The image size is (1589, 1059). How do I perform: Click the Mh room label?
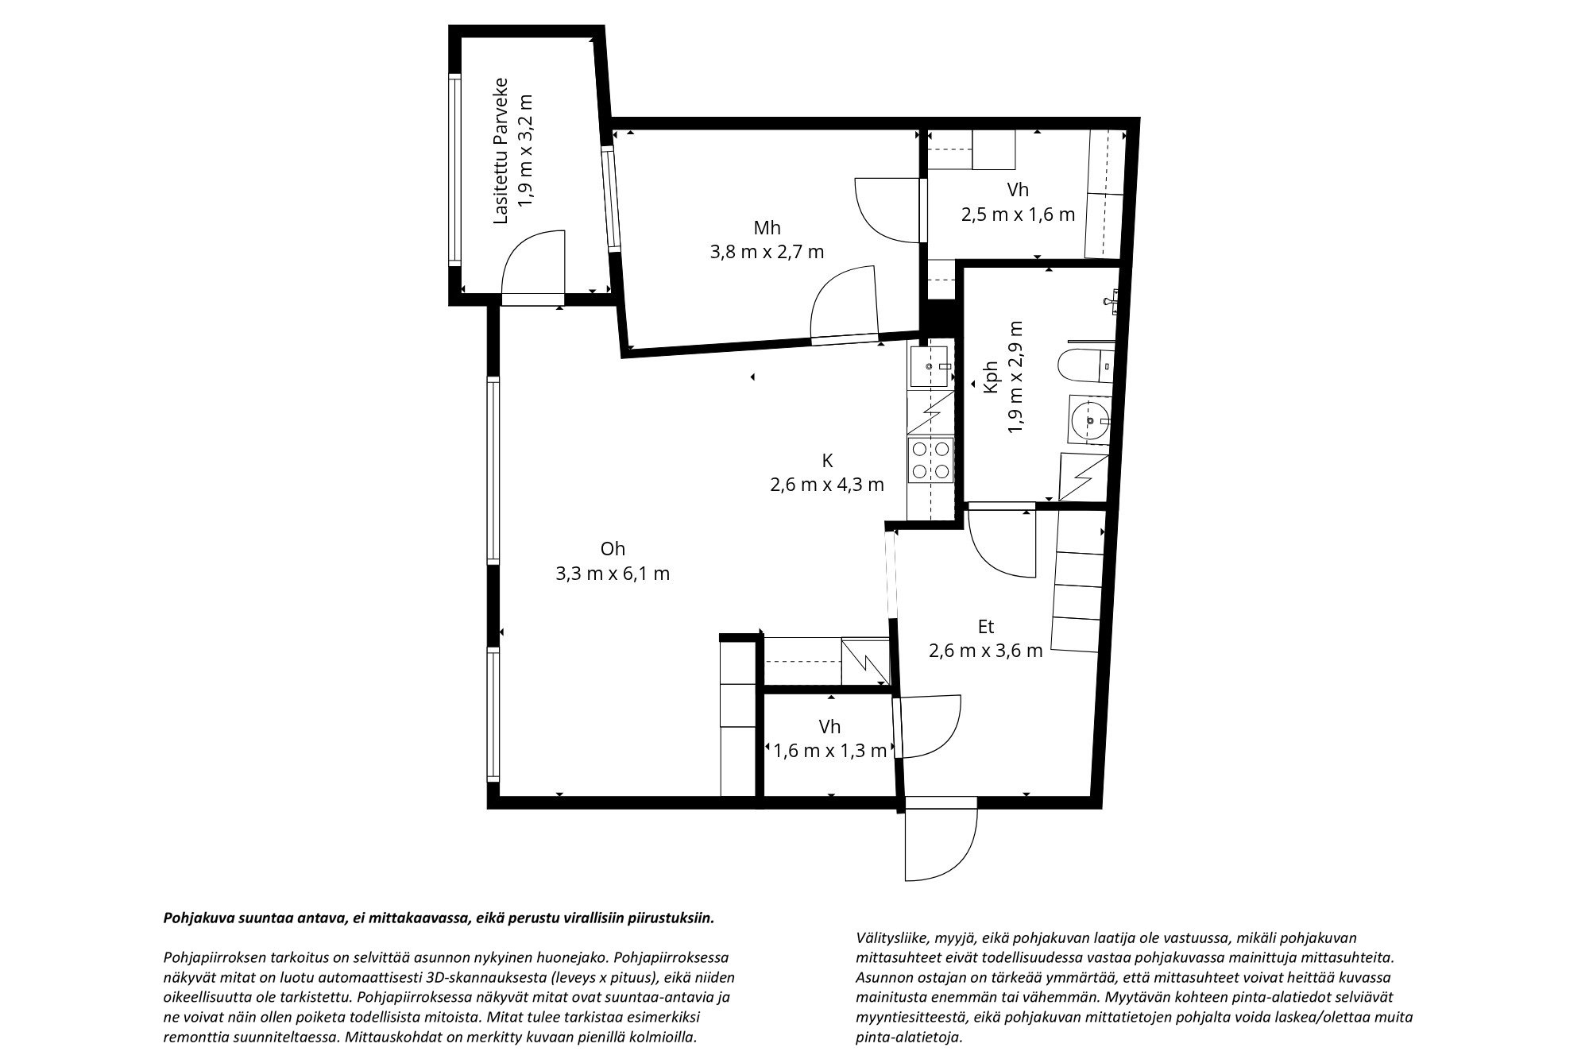tap(767, 229)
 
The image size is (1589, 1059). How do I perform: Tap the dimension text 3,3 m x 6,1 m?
tap(613, 574)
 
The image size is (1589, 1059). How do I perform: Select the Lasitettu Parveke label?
tap(501, 150)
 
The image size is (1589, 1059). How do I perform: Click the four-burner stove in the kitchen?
tap(931, 460)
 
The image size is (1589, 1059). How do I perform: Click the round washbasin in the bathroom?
tap(1088, 416)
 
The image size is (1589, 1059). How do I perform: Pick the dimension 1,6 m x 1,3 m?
tap(829, 751)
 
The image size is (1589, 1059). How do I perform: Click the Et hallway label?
tap(986, 627)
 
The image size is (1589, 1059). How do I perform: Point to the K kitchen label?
tap(827, 460)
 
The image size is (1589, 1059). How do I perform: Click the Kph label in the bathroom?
tap(990, 377)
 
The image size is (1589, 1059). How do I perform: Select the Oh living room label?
tap(613, 549)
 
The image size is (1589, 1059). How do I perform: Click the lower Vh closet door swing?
tap(930, 727)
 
